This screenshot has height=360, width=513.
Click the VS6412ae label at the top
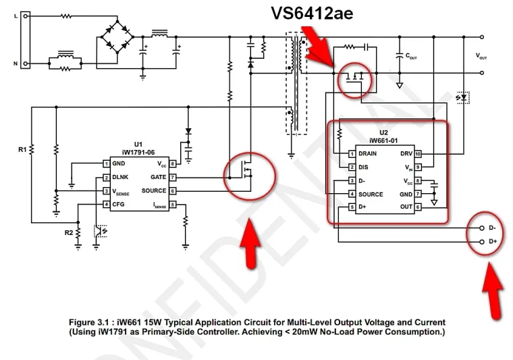pos(312,14)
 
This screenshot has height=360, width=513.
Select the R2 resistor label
pos(68,233)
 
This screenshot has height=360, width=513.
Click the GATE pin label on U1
pos(158,177)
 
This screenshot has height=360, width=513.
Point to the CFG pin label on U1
pos(118,204)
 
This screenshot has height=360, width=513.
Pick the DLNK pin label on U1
pos(121,178)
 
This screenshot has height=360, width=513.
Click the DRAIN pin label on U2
pos(368,153)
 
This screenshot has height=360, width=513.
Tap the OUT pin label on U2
pos(405,207)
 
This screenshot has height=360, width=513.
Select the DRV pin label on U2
pos(406,153)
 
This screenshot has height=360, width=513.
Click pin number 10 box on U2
pos(418,153)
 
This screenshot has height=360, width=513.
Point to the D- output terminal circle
pos(481,228)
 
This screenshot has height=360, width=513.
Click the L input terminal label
pos(16,16)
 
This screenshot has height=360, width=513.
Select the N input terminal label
pos(16,63)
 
